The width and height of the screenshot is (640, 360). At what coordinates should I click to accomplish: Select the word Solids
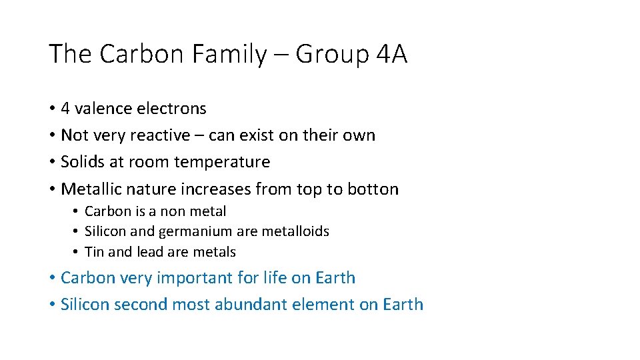[83, 162]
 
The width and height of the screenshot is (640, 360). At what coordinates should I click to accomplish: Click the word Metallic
[90, 189]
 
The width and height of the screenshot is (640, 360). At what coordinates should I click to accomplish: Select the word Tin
[95, 252]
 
